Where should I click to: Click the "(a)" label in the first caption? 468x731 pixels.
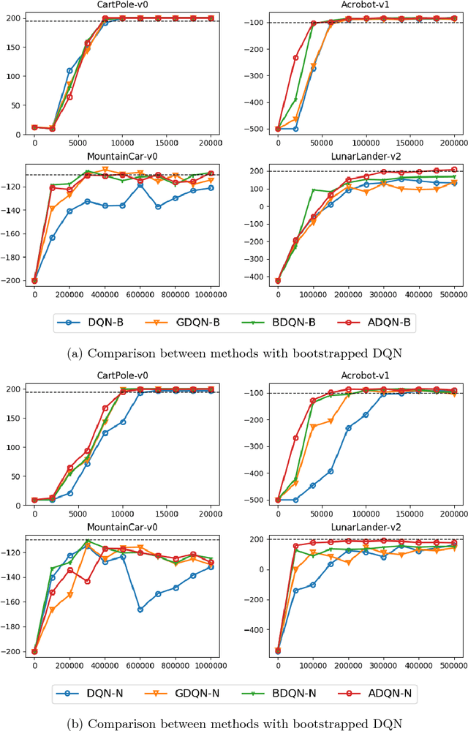pos(73,353)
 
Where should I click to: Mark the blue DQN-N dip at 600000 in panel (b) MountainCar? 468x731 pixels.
pos(140,610)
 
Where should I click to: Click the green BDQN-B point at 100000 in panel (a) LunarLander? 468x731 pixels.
pos(313,190)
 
